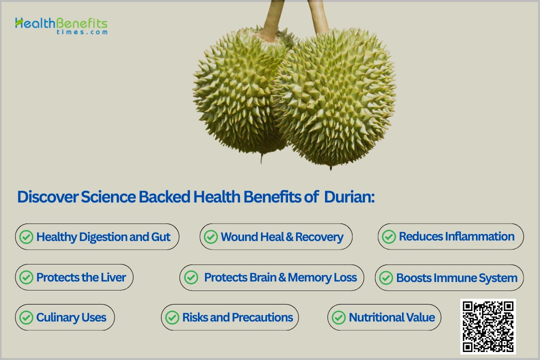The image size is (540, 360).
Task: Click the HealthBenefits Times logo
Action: (61, 25)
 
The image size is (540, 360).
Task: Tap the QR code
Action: (487, 326)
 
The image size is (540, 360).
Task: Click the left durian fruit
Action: (235, 95)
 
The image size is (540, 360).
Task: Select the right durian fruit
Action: (335, 100)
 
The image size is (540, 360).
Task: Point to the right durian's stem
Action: (318, 15)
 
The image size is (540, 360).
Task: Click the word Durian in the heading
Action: (349, 197)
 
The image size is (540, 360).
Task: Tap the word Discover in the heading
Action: (48, 197)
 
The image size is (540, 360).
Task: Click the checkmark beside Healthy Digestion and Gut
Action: (26, 237)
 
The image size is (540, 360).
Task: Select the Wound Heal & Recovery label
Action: (282, 237)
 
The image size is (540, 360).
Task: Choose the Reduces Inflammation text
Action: (456, 236)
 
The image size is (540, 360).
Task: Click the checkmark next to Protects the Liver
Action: (26, 277)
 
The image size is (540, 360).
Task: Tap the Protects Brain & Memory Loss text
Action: (280, 277)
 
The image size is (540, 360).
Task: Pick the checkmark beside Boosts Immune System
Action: (386, 278)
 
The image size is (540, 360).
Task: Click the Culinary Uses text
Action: (71, 317)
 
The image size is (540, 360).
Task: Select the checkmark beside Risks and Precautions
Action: (172, 317)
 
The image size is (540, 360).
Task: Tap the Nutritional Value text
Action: (391, 317)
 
